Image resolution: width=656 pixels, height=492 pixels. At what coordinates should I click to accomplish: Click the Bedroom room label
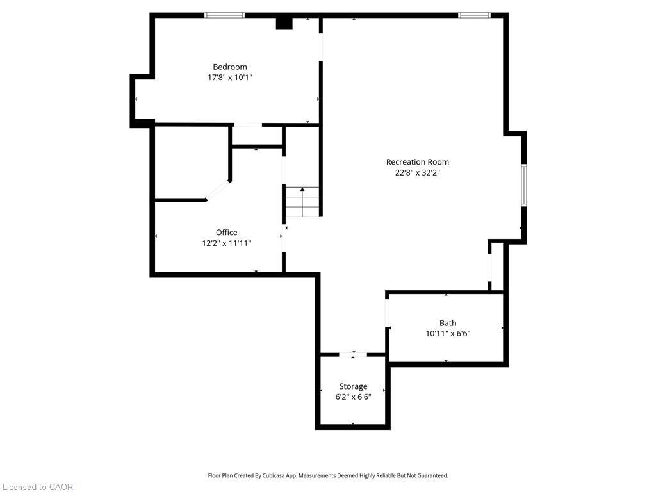[x=229, y=67]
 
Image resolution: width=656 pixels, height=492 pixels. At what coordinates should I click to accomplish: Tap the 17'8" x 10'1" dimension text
[x=229, y=78]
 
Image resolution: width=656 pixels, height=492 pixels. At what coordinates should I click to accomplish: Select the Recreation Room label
[x=417, y=162]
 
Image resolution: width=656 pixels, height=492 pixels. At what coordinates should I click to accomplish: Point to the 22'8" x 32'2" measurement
[x=417, y=172]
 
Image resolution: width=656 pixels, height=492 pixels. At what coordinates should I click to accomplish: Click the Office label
[x=226, y=233]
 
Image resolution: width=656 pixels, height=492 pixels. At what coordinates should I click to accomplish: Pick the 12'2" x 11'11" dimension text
[x=226, y=243]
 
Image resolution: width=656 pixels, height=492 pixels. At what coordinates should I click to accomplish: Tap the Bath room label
[x=448, y=323]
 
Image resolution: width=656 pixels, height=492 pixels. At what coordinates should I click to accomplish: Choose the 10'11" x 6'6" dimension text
[x=448, y=334]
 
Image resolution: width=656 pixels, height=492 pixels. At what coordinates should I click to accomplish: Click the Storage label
[x=353, y=386]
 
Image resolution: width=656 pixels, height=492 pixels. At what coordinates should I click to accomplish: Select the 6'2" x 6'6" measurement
[x=353, y=397]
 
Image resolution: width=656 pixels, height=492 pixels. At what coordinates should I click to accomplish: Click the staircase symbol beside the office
[x=302, y=202]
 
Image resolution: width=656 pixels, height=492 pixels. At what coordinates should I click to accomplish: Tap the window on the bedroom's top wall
[x=224, y=15]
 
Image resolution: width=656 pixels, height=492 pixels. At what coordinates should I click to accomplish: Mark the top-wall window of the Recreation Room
[x=474, y=15]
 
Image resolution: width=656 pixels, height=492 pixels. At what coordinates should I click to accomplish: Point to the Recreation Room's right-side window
[x=523, y=185]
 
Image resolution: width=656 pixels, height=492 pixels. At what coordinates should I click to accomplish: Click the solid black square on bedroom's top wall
[x=284, y=23]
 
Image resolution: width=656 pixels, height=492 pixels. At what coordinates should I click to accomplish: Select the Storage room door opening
[x=353, y=354]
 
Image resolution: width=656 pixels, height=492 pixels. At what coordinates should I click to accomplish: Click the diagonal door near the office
[x=218, y=191]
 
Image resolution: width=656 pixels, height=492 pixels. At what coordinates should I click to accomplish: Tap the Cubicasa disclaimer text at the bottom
[x=328, y=475]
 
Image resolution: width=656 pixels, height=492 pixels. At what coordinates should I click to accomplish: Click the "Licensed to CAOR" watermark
[x=37, y=487]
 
